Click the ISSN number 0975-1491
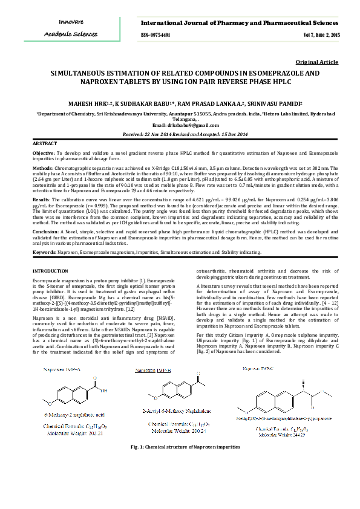pyautogui.click(x=155, y=36)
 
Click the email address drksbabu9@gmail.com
pyautogui.click(x=180, y=125)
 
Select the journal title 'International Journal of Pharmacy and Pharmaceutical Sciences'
pyautogui.click(x=240, y=23)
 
